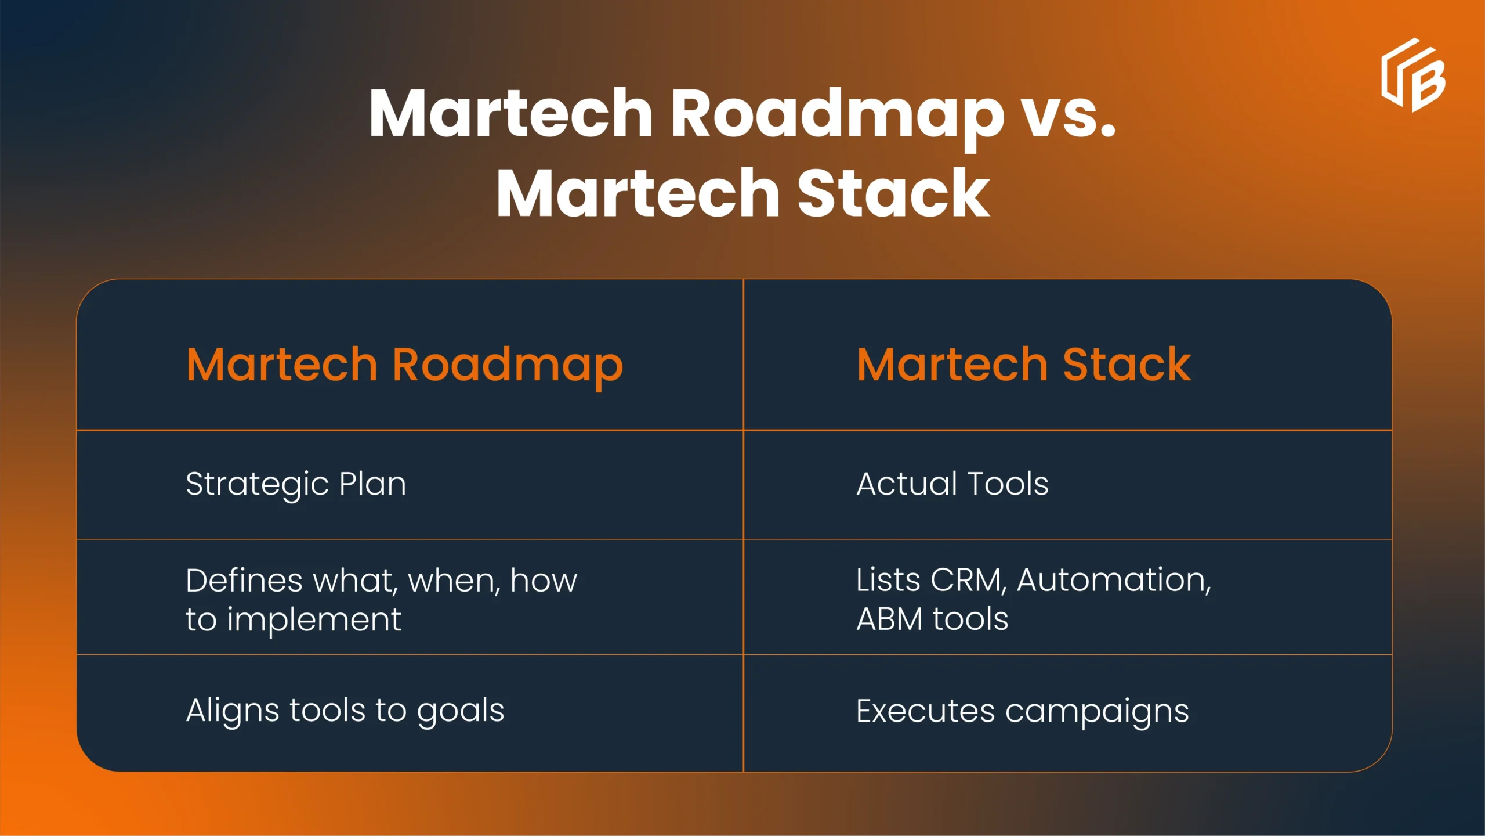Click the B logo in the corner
click(1413, 75)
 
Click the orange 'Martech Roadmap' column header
click(405, 366)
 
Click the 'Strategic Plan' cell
click(296, 484)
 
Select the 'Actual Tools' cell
click(952, 484)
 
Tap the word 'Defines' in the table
click(244, 581)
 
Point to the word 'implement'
click(314, 620)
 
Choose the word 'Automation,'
click(1114, 581)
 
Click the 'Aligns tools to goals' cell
click(345, 711)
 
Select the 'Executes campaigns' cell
click(1023, 712)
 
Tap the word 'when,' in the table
click(454, 581)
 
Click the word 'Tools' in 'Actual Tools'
click(1008, 484)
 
